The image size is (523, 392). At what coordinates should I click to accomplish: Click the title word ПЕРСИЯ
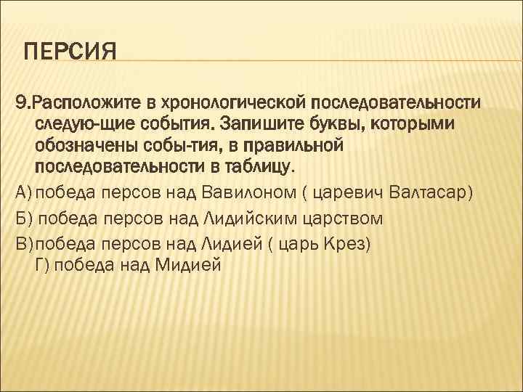click(70, 53)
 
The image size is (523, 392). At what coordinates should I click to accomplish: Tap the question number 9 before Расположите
click(20, 99)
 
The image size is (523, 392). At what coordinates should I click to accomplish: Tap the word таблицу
click(254, 168)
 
